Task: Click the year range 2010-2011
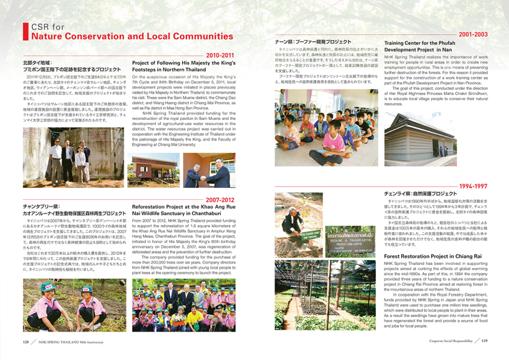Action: coord(220,55)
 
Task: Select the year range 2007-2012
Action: coord(220,200)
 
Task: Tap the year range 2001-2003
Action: coord(473,34)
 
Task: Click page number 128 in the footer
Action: coord(26,341)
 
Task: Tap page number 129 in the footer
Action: coord(484,341)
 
